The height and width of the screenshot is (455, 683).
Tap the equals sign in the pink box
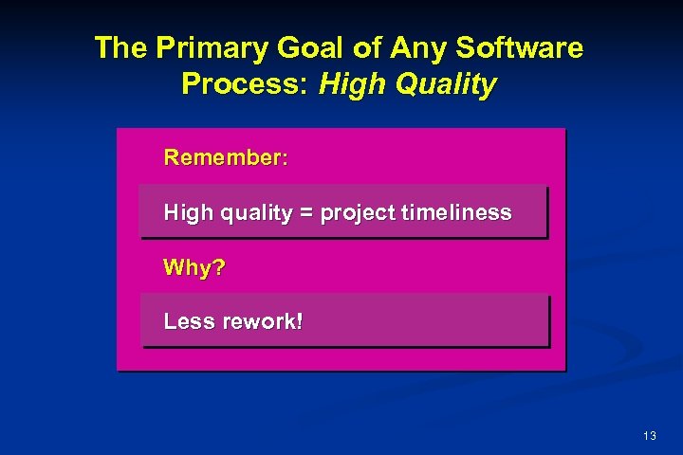pyautogui.click(x=305, y=213)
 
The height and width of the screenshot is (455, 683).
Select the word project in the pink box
pyautogui.click(x=358, y=213)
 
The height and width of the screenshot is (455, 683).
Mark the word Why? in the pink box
pyautogui.click(x=194, y=268)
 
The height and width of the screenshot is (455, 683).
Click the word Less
pyautogui.click(x=189, y=321)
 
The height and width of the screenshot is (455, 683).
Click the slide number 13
pyautogui.click(x=649, y=436)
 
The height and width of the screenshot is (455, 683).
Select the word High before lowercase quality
pyautogui.click(x=188, y=213)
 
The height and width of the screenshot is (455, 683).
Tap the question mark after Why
pyautogui.click(x=219, y=268)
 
